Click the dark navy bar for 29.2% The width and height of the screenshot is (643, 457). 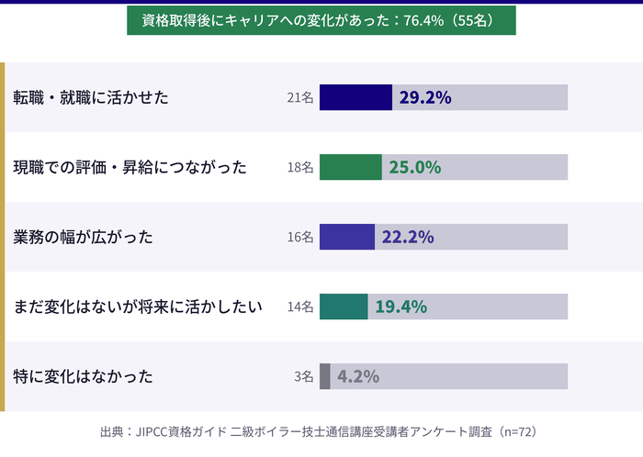pyautogui.click(x=355, y=97)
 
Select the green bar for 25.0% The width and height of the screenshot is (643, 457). pyautogui.click(x=350, y=167)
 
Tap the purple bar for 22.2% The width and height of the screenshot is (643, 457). pyautogui.click(x=347, y=237)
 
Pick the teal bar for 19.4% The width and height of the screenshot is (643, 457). pyautogui.click(x=344, y=307)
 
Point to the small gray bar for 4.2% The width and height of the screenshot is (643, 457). pyautogui.click(x=324, y=376)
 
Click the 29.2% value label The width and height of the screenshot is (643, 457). pyautogui.click(x=424, y=97)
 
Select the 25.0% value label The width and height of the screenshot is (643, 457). pyautogui.click(x=415, y=167)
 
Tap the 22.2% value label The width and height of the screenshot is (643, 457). pyautogui.click(x=408, y=237)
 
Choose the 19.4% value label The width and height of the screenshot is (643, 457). pyautogui.click(x=400, y=307)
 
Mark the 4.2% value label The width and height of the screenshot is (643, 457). pyautogui.click(x=358, y=376)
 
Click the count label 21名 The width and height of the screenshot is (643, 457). pyautogui.click(x=300, y=97)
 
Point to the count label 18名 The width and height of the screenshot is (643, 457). pyautogui.click(x=300, y=167)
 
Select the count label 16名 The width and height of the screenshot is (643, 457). pyautogui.click(x=300, y=237)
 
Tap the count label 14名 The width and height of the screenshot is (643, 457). pyautogui.click(x=300, y=307)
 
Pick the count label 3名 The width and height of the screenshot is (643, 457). pyautogui.click(x=304, y=376)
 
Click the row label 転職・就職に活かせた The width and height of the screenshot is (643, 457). pyautogui.click(x=91, y=97)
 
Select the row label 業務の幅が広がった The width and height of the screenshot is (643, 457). pyautogui.click(x=83, y=237)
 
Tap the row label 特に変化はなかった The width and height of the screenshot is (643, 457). pyautogui.click(x=83, y=376)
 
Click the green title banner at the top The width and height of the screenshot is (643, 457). pyautogui.click(x=321, y=19)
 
